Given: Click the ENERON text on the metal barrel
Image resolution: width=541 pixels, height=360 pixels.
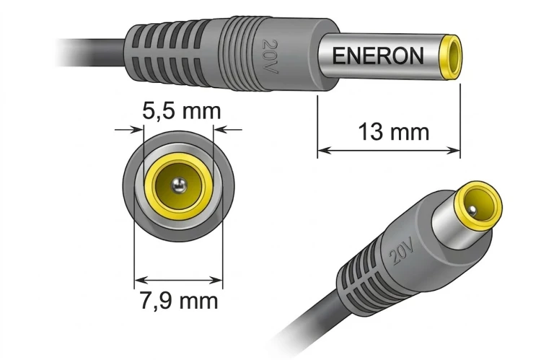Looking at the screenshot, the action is (x=378, y=56).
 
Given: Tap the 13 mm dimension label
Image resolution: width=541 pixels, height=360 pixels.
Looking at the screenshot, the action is (x=393, y=132).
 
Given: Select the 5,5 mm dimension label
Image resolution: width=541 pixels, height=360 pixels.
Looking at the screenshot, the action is (x=182, y=111).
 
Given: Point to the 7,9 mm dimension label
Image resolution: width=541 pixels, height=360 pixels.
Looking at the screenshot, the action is (x=179, y=300).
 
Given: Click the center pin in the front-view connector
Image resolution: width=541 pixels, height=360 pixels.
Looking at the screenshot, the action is (x=179, y=186).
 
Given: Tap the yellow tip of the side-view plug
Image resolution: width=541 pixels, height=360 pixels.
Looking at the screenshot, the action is (x=450, y=57).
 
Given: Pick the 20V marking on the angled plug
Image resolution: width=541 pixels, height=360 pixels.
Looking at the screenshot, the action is (x=401, y=253).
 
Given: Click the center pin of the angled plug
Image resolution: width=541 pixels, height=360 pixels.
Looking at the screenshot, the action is (x=473, y=211).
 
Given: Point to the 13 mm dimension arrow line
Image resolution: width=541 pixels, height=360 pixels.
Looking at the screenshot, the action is (x=389, y=151).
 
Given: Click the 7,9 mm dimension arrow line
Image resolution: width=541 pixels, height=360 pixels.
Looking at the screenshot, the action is (x=178, y=280).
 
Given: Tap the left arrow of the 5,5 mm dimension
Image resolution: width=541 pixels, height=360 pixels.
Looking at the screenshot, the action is (x=128, y=130).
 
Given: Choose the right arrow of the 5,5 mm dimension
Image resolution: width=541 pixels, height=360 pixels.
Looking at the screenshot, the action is (x=228, y=130).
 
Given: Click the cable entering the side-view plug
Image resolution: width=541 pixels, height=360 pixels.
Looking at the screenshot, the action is (x=90, y=53).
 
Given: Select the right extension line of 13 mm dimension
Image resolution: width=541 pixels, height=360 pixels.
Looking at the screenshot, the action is (x=460, y=121).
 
